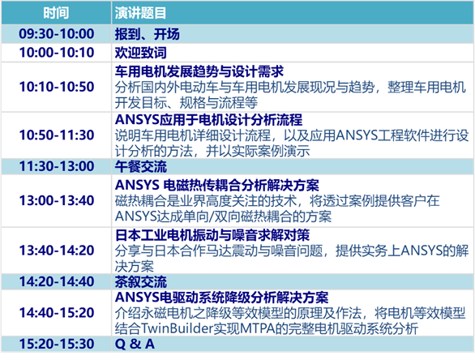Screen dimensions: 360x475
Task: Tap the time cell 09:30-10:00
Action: click(56, 33)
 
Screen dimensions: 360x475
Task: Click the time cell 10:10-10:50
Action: click(56, 87)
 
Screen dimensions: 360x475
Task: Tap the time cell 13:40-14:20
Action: click(56, 250)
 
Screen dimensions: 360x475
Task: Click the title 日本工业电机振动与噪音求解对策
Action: click(213, 234)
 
